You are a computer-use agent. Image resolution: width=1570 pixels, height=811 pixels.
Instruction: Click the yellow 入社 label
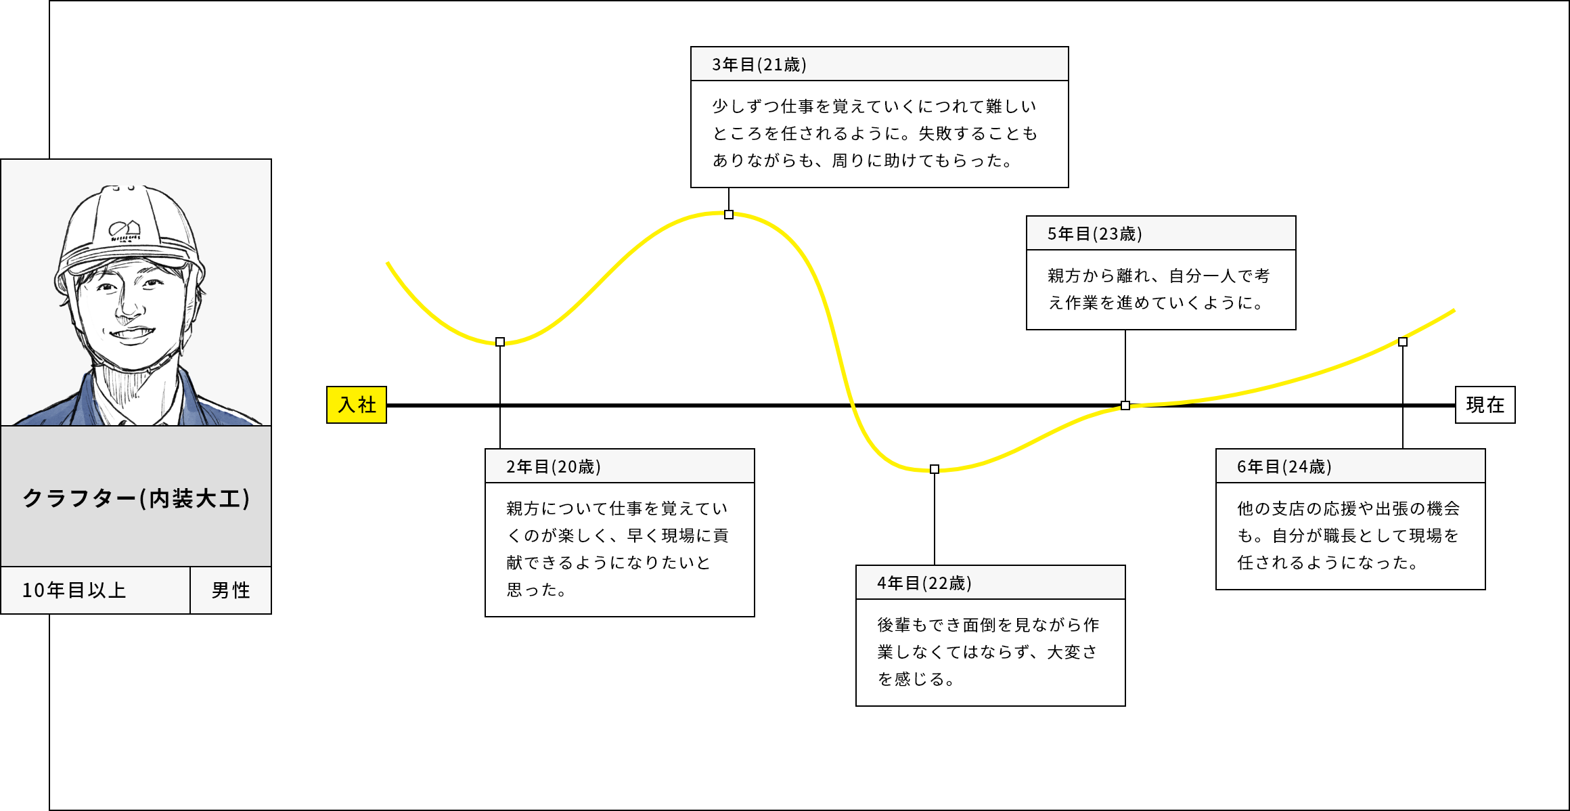[x=357, y=405]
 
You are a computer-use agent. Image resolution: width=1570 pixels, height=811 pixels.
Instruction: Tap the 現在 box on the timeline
[x=1485, y=405]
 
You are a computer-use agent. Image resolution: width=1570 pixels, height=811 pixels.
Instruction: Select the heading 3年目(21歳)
[x=759, y=64]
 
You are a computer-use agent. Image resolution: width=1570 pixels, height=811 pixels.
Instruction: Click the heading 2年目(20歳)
[x=553, y=466]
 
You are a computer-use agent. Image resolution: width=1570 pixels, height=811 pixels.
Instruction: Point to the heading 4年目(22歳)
[x=924, y=583]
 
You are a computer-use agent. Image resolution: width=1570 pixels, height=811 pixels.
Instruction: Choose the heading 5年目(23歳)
[x=1094, y=234]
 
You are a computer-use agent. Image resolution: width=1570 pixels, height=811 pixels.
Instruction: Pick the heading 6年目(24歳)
[x=1284, y=466]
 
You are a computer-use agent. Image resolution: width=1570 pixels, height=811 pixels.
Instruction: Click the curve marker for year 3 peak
[x=729, y=215]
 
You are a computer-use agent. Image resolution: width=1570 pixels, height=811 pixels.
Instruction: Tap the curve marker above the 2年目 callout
[x=500, y=342]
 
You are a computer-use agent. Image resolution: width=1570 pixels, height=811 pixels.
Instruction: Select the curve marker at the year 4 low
[x=935, y=469]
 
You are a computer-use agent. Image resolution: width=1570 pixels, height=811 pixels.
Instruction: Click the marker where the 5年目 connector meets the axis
[x=1125, y=405]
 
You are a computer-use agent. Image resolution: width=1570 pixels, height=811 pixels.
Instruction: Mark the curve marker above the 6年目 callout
[x=1403, y=342]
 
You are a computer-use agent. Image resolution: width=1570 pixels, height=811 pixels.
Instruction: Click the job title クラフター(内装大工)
[x=136, y=498]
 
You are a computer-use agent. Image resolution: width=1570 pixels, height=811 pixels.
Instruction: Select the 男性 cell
[x=231, y=590]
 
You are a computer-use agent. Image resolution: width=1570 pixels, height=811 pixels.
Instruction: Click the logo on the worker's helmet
[x=125, y=231]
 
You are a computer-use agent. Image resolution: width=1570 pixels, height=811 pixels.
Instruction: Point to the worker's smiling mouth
[x=132, y=334]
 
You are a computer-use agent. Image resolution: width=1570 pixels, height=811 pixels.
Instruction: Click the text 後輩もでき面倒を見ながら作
[x=988, y=624]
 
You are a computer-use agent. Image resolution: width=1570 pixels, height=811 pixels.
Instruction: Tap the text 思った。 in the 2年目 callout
[x=536, y=590]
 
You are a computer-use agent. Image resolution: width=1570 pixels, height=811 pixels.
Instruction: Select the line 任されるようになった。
[x=1328, y=563]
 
